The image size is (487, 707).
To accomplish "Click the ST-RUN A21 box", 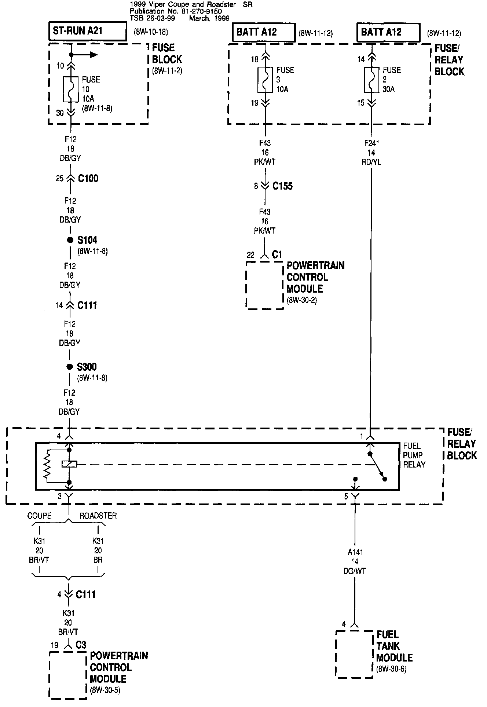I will point(88,31).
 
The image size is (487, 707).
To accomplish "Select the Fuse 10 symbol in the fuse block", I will point(70,89).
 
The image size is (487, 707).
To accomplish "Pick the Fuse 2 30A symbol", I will point(371,79).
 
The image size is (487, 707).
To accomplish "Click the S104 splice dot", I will point(70,240).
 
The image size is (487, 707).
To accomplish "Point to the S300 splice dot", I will point(70,367).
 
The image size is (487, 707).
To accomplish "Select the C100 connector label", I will point(88,179).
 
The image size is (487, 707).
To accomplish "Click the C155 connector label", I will point(282,186).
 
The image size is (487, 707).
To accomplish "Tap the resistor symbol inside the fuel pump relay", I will point(47,465).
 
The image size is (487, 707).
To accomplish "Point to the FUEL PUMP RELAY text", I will point(414,455).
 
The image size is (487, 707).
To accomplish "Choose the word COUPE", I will point(39,516).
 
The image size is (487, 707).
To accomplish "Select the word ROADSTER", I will point(98,516).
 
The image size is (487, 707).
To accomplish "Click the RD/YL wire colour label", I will point(371,162).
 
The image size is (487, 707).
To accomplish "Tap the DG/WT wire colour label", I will point(355,571).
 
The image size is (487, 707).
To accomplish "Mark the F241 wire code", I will point(371,143).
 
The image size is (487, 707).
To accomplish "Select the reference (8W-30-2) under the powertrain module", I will point(302,300).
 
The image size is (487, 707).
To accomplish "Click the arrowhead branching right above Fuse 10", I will point(94,55).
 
